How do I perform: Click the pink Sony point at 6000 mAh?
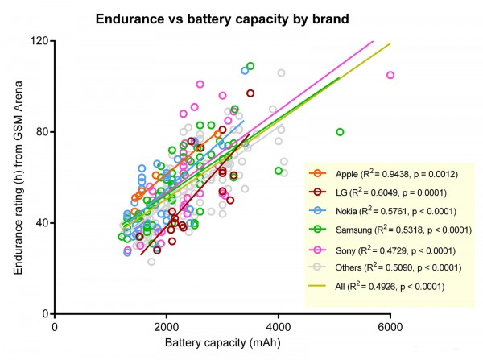click(390, 75)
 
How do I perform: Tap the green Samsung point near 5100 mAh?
click(340, 132)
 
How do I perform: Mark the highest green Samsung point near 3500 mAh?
click(250, 66)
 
